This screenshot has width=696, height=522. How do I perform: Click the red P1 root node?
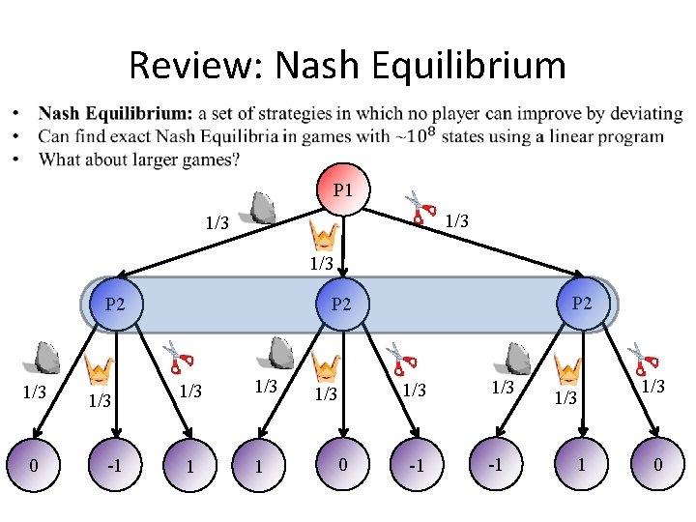coord(342,189)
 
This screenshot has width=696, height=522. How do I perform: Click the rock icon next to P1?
coord(262,208)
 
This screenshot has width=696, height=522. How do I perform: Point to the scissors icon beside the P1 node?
coord(420,204)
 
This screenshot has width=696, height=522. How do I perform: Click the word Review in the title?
coord(195,66)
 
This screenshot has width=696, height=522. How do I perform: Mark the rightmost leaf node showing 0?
coord(657,466)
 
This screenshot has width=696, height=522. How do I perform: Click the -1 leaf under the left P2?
coord(115,466)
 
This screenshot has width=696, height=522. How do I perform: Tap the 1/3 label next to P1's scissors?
coord(457,221)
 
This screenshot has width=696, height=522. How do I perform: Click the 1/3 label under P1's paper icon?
coord(322,263)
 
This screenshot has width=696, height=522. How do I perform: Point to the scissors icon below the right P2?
coord(639,357)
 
